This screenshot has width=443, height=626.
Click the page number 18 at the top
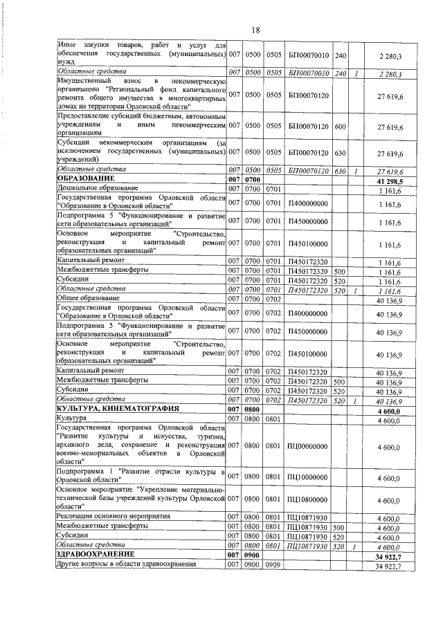[255, 30]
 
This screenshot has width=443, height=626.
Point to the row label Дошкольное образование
[98, 188]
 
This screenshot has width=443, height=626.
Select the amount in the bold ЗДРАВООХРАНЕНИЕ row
[389, 555]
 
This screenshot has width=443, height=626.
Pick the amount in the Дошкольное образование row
[391, 188]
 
